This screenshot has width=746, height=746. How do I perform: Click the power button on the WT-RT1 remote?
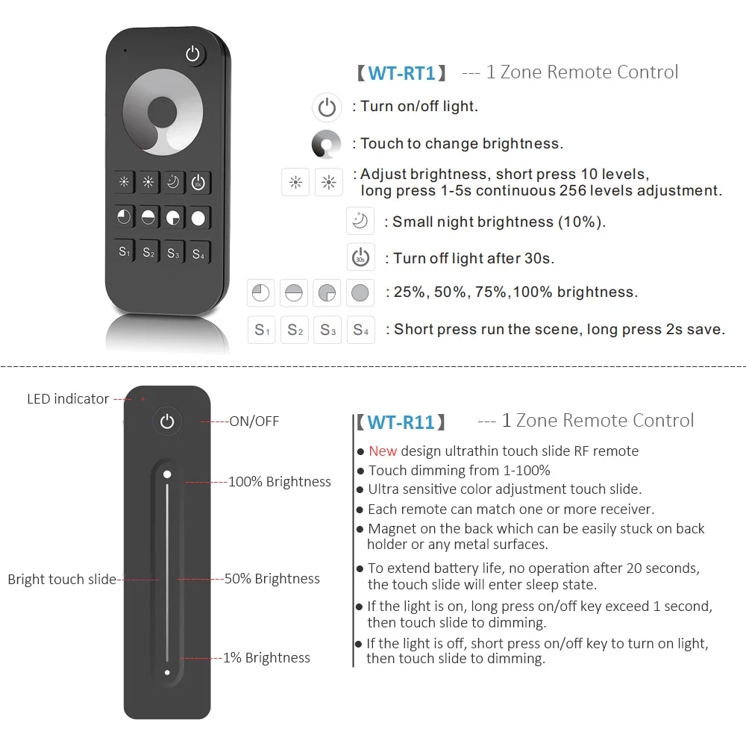point(194,54)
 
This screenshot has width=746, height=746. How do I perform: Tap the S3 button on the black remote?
point(173,253)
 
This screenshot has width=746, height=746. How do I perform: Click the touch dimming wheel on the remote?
point(162,114)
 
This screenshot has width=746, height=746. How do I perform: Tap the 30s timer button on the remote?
point(198,183)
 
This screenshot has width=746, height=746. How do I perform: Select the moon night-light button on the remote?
point(173,183)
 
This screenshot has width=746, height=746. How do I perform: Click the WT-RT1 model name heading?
point(401,73)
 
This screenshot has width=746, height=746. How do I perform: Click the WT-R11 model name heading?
point(401,422)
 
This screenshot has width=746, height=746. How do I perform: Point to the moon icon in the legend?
point(360,222)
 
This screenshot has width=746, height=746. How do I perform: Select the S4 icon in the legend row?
point(360,329)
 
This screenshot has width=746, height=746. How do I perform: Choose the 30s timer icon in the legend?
point(360,257)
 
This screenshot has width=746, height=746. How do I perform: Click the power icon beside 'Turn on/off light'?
point(327,107)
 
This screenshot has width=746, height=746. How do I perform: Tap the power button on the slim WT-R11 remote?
point(167,422)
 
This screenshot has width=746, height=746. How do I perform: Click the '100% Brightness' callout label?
point(280,482)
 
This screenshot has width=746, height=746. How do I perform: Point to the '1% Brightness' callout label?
point(266,658)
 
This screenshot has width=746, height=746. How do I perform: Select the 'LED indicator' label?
point(68,399)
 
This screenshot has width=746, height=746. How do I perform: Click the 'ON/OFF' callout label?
point(254,421)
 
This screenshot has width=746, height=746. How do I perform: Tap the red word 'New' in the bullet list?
point(383,451)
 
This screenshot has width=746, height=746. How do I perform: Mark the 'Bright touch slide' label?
point(62,579)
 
